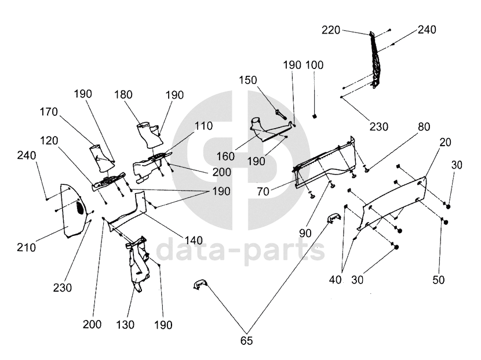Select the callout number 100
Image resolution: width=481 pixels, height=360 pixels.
click(x=315, y=65)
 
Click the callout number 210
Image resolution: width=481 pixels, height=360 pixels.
click(x=26, y=248)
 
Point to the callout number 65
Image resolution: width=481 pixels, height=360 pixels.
click(x=247, y=341)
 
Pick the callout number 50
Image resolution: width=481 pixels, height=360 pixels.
click(x=439, y=280)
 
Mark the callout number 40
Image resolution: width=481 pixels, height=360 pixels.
click(x=335, y=280)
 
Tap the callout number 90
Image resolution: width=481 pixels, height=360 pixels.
click(x=306, y=232)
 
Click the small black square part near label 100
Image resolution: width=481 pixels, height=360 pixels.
click(x=314, y=115)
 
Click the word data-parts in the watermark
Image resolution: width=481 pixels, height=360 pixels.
click(x=240, y=251)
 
